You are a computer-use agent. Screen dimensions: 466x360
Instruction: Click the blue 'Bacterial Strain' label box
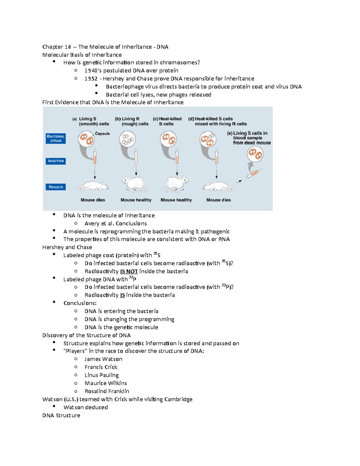click(x=56, y=138)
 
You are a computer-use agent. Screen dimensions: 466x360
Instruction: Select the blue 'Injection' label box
click(x=56, y=161)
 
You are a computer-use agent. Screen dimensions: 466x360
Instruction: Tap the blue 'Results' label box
click(x=56, y=187)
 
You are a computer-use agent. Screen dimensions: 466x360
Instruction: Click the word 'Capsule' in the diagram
click(x=102, y=134)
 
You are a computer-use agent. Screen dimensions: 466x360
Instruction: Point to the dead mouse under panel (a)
click(x=92, y=186)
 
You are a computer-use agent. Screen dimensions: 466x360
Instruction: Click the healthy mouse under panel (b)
click(x=135, y=184)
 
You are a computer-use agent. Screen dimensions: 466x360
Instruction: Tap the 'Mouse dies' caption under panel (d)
click(x=218, y=200)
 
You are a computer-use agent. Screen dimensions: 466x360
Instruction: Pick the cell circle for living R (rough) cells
click(x=127, y=140)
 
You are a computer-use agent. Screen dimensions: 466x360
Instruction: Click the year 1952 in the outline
click(x=91, y=79)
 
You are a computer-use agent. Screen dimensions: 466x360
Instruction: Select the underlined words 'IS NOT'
click(x=129, y=271)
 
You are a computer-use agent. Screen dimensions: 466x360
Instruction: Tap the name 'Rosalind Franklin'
click(x=107, y=391)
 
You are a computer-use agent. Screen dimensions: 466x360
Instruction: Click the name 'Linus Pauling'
click(x=101, y=375)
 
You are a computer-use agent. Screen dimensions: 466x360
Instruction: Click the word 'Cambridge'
click(x=178, y=399)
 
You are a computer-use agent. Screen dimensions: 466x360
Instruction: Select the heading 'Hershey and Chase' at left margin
click(x=67, y=247)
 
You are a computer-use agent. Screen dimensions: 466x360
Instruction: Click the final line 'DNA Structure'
click(x=61, y=415)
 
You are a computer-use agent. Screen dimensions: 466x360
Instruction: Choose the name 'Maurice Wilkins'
click(x=106, y=383)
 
